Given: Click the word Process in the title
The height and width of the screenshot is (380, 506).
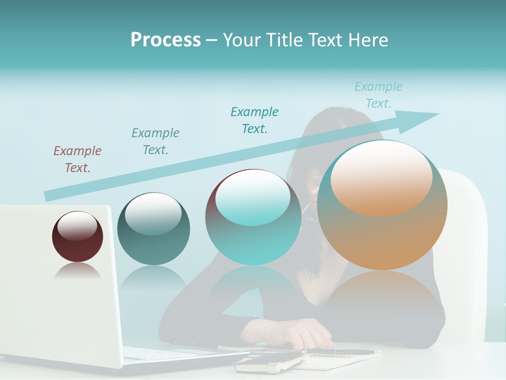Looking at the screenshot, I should [x=166, y=40].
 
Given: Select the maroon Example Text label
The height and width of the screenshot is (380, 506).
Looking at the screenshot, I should [x=77, y=159].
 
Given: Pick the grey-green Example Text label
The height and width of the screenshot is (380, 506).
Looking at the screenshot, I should [x=155, y=141].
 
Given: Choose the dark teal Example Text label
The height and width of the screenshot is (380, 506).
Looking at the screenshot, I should [x=255, y=120].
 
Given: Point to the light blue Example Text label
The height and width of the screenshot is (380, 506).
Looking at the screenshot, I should [x=378, y=95].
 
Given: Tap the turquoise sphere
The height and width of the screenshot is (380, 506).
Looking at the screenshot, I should [x=253, y=237].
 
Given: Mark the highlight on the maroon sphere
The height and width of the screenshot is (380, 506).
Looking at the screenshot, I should [x=77, y=226].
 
